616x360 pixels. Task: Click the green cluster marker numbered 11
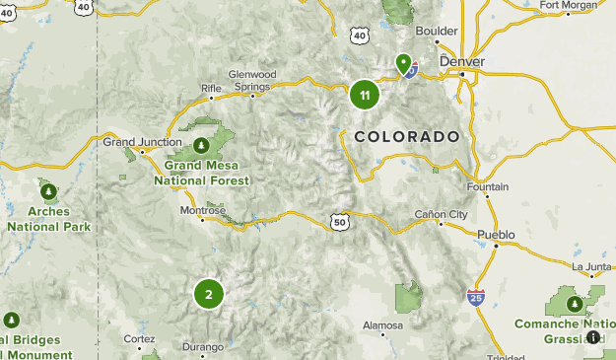tap(365, 96)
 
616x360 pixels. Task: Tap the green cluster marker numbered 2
tap(208, 294)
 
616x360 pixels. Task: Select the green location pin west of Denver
tap(403, 64)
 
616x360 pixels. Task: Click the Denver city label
tap(462, 60)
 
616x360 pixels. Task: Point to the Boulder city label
tap(437, 31)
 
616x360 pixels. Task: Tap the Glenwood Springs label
tap(250, 80)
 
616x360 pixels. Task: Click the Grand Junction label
tap(143, 142)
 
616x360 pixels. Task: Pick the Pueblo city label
tap(495, 234)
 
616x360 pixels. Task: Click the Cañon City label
tap(440, 214)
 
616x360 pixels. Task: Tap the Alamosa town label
tap(382, 324)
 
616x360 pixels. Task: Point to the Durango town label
tap(203, 346)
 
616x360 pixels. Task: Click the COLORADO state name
tap(407, 136)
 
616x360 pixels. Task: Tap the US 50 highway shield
tap(340, 223)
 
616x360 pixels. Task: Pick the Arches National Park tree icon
tap(47, 188)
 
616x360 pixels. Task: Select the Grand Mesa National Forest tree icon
tap(201, 145)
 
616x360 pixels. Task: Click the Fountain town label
tap(488, 186)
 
